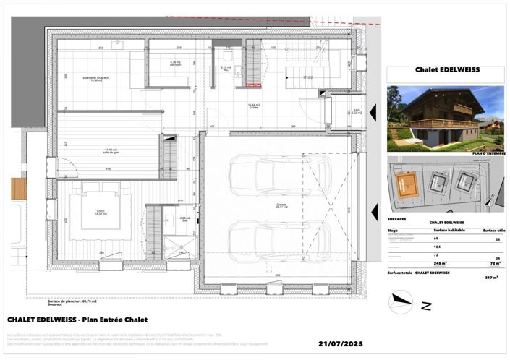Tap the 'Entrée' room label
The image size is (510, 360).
(254, 107)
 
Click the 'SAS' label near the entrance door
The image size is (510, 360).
(356, 111)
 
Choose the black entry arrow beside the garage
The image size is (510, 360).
(373, 213)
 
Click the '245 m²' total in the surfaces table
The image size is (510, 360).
(439, 263)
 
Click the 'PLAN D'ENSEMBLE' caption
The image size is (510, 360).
(488, 153)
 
